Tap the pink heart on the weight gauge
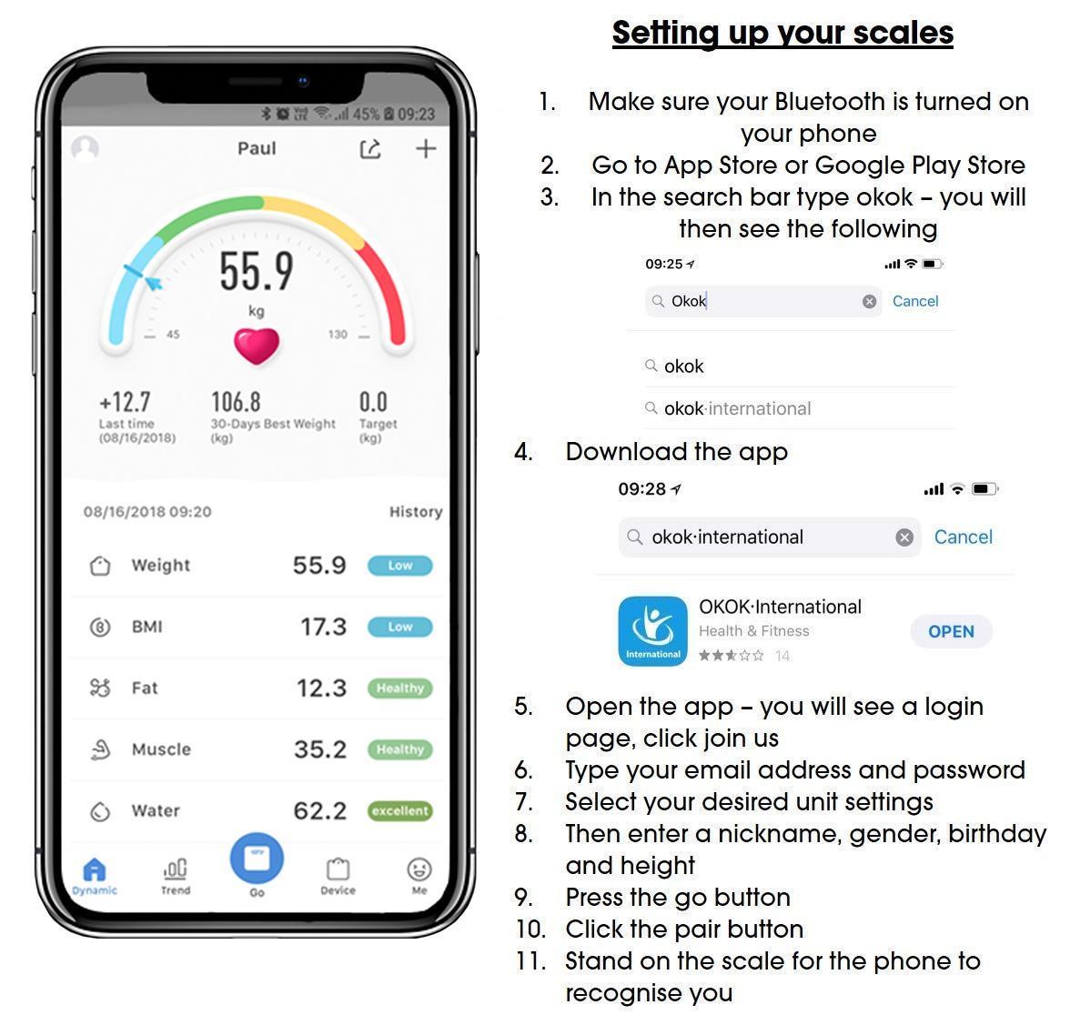(x=257, y=346)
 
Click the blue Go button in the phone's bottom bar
(x=257, y=859)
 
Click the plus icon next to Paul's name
(x=426, y=149)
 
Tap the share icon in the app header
(x=370, y=149)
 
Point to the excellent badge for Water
(x=400, y=810)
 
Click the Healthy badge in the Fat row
(x=400, y=688)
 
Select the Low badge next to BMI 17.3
(x=400, y=627)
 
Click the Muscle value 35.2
(x=319, y=749)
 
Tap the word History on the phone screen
(x=415, y=512)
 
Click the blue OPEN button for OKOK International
(x=951, y=631)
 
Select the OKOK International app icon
(x=652, y=631)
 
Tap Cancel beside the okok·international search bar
(x=963, y=537)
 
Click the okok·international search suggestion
(x=737, y=408)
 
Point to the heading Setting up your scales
(x=782, y=33)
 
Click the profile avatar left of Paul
(x=86, y=148)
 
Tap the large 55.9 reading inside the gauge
(x=257, y=271)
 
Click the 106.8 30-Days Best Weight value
(x=236, y=402)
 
